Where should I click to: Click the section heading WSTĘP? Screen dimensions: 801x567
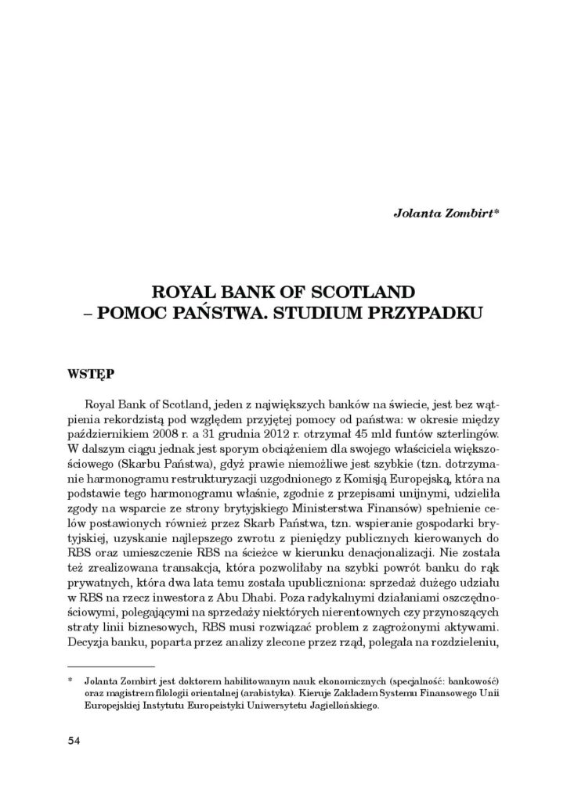(x=89, y=375)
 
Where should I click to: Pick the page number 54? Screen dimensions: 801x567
(x=75, y=740)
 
